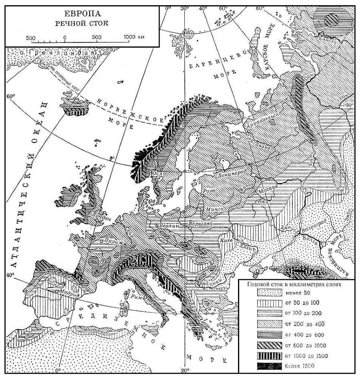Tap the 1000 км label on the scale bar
134,37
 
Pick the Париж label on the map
114,241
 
